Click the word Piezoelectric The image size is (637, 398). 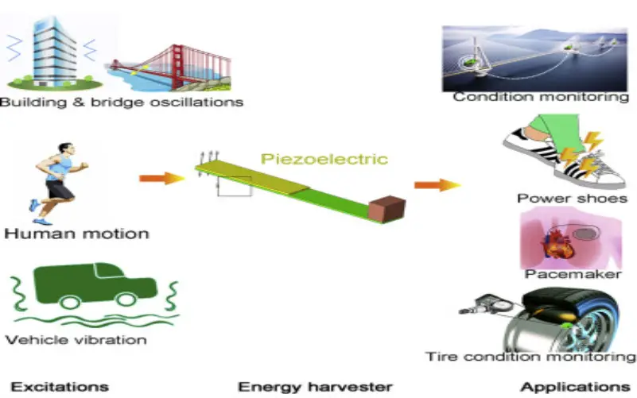tap(324, 159)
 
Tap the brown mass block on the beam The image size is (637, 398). tap(386, 209)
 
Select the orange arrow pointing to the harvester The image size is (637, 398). tap(162, 178)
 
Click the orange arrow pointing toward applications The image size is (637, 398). tap(437, 185)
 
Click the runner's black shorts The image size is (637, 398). tap(59, 190)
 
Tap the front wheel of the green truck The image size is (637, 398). tap(126, 299)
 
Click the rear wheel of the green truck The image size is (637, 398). tap(70, 302)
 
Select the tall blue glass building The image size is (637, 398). tap(54, 51)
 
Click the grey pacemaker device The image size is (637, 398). tap(585, 234)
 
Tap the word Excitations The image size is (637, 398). tap(60, 387)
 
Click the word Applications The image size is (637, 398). tap(575, 387)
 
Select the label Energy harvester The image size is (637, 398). tap(315, 387)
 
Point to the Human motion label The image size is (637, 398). tap(77, 234)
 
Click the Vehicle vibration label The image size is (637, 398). tap(76, 339)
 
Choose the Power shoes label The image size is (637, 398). tap(572, 199)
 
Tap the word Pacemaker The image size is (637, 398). tap(573, 274)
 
